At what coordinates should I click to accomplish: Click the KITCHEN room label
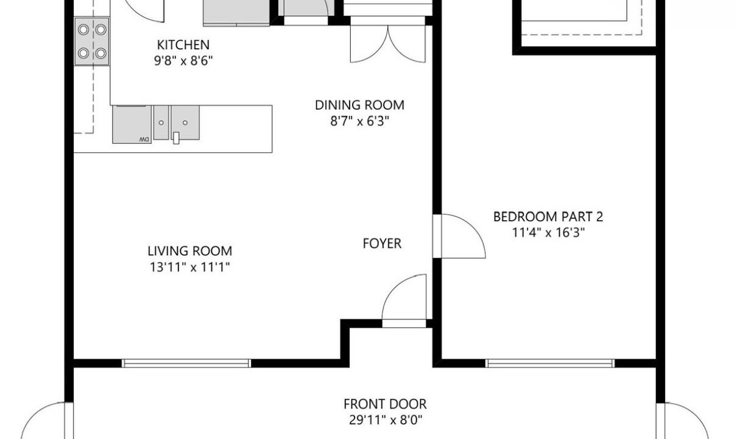183,45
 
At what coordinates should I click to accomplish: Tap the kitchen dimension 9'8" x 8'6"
183,61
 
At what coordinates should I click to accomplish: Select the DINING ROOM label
359,105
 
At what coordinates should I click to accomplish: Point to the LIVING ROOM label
190,251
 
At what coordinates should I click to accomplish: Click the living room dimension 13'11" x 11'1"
190,267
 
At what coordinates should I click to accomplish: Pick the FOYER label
382,244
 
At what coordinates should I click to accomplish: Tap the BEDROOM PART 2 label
548,216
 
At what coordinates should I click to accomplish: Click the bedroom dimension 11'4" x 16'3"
548,233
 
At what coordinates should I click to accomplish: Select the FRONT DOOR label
385,404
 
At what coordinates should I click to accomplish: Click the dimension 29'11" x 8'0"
386,420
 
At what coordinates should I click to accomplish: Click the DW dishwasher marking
144,140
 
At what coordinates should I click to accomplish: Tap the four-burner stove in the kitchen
92,41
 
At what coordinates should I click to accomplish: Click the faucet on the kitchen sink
176,138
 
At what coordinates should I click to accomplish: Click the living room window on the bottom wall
186,363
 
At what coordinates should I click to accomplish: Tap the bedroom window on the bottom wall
550,363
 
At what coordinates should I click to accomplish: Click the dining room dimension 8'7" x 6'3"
359,121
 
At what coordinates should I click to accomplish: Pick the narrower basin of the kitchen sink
161,123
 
